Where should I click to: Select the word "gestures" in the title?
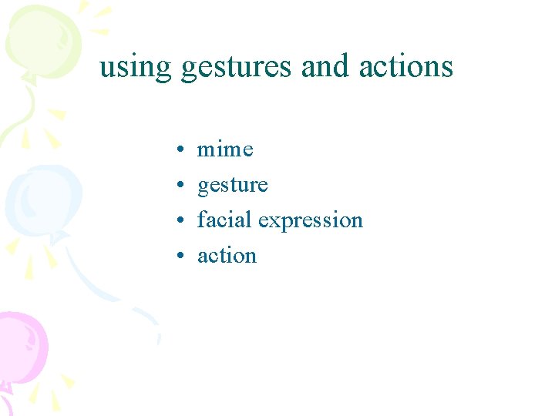click(x=237, y=68)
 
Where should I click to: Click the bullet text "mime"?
click(x=225, y=149)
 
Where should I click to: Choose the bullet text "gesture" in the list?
click(x=232, y=186)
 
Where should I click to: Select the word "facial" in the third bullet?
click(x=224, y=220)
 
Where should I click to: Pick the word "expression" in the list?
click(x=311, y=221)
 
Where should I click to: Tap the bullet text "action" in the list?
click(x=227, y=255)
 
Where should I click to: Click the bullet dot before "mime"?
click(x=177, y=149)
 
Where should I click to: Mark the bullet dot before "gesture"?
click(x=177, y=185)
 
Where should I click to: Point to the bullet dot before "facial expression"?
click(x=177, y=220)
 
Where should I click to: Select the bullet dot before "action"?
click(x=177, y=256)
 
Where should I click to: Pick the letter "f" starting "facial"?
click(x=202, y=220)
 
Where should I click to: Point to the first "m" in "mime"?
click(x=206, y=149)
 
